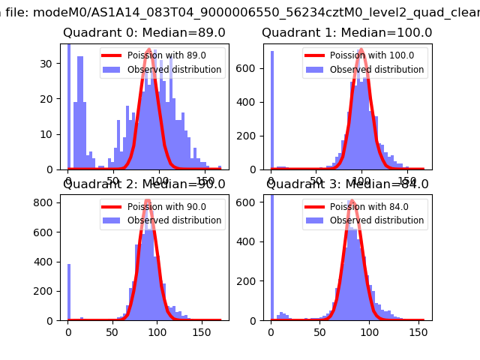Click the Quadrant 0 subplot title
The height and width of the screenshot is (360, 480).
[144, 33]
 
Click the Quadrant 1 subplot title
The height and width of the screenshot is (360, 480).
[346, 33]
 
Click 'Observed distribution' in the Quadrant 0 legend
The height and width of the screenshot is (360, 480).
[174, 70]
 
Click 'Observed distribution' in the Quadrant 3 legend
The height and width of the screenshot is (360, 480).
[376, 220]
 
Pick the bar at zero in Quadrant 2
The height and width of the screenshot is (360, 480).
[69, 292]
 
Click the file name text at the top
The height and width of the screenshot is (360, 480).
[240, 11]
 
